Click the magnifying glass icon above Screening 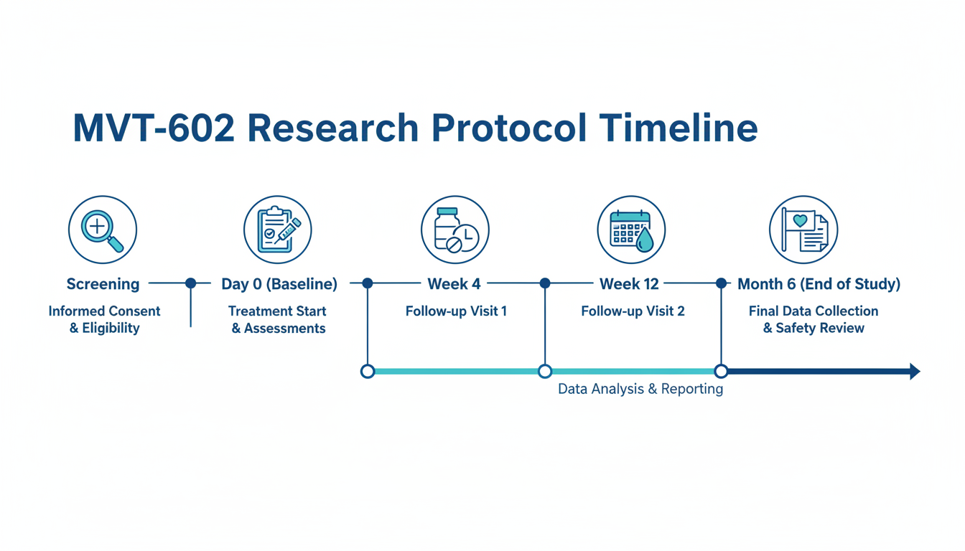[103, 230]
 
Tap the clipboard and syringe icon [278, 230]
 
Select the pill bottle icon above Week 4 [455, 230]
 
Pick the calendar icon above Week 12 [631, 230]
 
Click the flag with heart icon [803, 230]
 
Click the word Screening [103, 284]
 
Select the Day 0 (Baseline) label [279, 284]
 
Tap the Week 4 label [454, 284]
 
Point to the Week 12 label [629, 284]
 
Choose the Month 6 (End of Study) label [819, 284]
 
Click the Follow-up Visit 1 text [456, 311]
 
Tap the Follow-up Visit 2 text [633, 311]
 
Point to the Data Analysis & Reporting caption [640, 389]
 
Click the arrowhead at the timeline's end [915, 371]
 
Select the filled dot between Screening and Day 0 [191, 283]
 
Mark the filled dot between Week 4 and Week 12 [545, 283]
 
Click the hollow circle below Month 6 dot [721, 371]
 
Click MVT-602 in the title [154, 128]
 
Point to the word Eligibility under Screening [111, 329]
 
